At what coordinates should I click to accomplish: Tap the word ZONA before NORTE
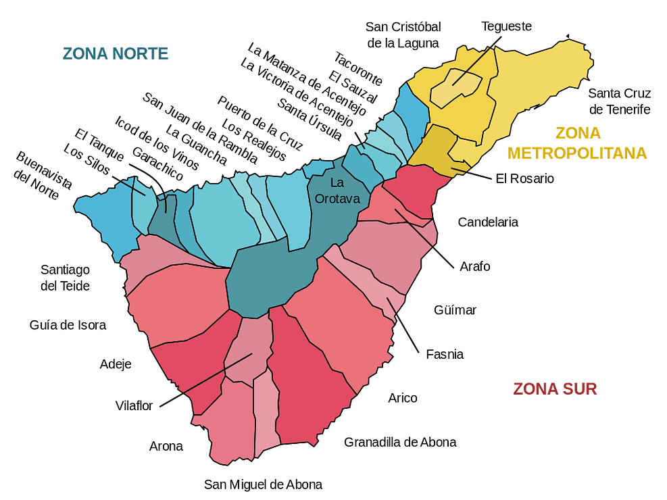85,53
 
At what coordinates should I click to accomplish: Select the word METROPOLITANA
576,153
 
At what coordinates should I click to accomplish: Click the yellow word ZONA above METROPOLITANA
577,134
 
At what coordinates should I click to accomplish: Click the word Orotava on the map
337,199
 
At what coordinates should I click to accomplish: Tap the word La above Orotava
337,182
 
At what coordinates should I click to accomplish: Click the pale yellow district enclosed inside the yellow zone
458,91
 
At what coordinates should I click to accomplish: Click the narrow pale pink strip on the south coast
266,412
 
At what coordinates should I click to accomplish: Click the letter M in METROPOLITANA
514,153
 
